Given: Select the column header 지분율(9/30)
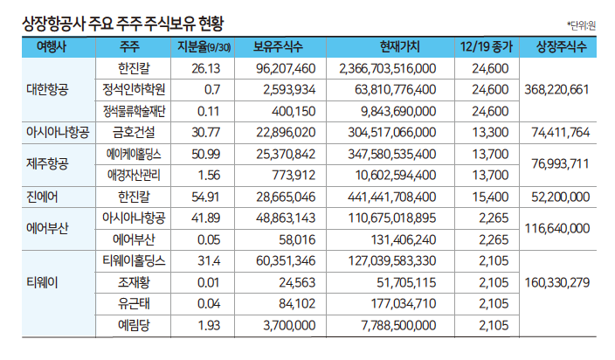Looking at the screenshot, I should pos(204,46).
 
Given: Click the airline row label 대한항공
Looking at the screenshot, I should pos(52,89).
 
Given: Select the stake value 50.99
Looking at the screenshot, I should pos(204,153).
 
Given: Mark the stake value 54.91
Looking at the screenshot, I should pos(204,196).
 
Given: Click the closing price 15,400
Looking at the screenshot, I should pos(489,196).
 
